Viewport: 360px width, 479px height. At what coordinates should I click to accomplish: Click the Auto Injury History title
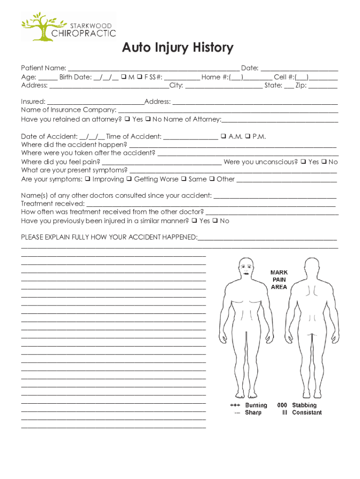(177, 48)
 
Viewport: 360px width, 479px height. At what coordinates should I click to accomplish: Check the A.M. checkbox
(223, 137)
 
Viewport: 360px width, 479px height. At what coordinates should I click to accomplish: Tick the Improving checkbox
(87, 179)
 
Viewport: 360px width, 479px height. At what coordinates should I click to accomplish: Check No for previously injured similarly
(215, 221)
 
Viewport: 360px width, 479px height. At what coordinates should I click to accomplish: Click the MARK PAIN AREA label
(279, 280)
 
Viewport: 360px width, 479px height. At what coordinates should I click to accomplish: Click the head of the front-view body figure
(245, 267)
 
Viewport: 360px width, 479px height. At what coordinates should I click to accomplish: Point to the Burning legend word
(256, 405)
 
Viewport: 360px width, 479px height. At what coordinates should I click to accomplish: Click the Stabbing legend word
(304, 405)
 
